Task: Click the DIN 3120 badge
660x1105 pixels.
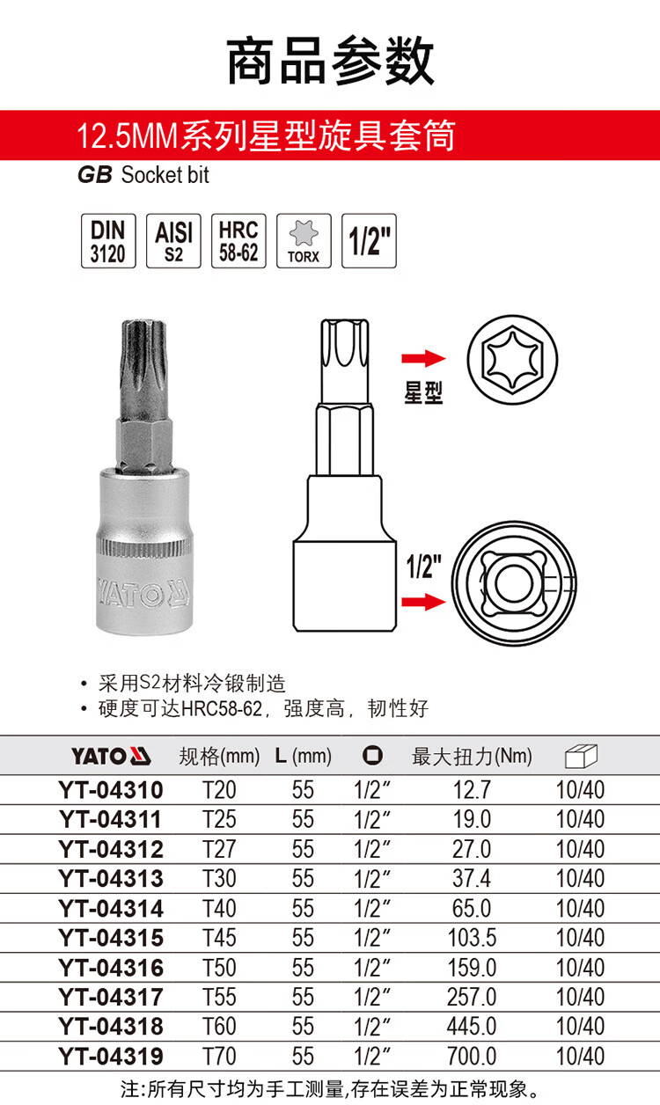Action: coord(108,241)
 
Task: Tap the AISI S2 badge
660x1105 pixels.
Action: coord(173,241)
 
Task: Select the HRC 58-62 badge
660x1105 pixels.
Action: coord(238,241)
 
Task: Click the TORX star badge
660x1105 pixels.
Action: coord(304,241)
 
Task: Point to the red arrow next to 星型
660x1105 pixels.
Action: coord(423,358)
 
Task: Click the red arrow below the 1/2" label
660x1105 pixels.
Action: coord(423,602)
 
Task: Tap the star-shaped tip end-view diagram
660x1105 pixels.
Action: coord(512,360)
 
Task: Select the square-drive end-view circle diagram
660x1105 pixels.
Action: coord(514,584)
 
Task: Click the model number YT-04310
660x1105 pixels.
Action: coord(111,790)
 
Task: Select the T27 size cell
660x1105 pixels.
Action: coord(219,849)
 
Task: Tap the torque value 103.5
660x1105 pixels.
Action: coord(472,938)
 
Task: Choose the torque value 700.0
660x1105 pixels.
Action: coord(472,1056)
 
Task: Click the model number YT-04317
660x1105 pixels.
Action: coord(111,997)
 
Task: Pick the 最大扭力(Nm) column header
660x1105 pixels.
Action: coord(472,757)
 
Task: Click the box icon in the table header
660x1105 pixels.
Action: coord(581,757)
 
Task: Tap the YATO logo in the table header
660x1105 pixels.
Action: coord(111,757)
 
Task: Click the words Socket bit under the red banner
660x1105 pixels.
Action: coord(165,175)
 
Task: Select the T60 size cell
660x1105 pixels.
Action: coord(219,1027)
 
